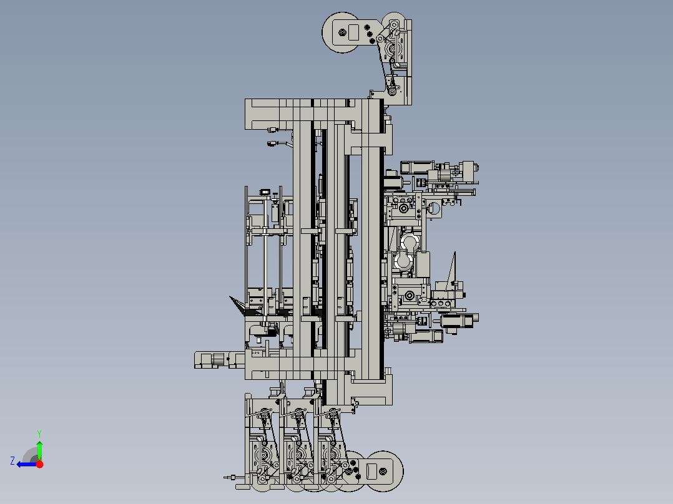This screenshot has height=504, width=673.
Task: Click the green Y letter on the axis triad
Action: pos(39,434)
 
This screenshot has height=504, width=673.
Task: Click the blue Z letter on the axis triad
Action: pos(12,461)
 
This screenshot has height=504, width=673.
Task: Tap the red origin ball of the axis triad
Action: pos(39,464)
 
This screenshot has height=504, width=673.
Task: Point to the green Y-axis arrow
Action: pos(39,450)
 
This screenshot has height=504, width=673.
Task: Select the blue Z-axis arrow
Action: pos(27,464)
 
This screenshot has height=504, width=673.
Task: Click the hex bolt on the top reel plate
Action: pos(342,32)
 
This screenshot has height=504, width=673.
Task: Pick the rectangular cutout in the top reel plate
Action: pos(353,32)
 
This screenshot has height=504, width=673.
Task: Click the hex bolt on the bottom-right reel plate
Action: pos(383,472)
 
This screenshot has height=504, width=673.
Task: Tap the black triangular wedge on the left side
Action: pos(237,306)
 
